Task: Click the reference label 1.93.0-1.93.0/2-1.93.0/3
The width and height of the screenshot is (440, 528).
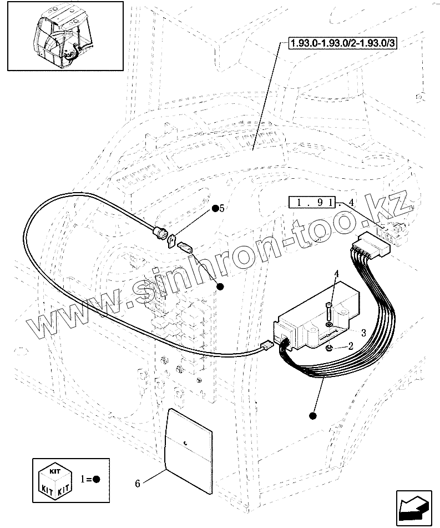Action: click(343, 42)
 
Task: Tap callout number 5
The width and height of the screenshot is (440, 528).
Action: click(222, 208)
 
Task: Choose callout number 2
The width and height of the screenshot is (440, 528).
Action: click(350, 346)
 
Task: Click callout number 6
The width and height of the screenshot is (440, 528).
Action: click(137, 483)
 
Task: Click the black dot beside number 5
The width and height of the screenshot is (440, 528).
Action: click(214, 209)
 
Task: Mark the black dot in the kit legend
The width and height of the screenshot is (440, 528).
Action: click(96, 479)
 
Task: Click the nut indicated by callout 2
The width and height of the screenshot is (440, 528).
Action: click(330, 348)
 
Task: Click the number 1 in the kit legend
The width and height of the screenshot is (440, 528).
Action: click(84, 479)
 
